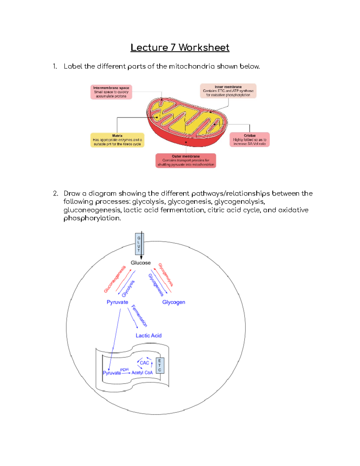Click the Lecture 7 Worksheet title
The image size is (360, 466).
pyautogui.click(x=180, y=47)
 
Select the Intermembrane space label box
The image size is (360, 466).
pyautogui.click(x=111, y=92)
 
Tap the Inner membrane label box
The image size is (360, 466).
pyautogui.click(x=228, y=91)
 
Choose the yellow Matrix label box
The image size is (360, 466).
pyautogui.click(x=117, y=140)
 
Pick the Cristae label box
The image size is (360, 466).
pyautogui.click(x=250, y=140)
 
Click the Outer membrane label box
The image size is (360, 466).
pyautogui.click(x=186, y=161)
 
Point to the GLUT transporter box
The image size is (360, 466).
pyautogui.click(x=139, y=244)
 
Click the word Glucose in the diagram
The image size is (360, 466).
pyautogui.click(x=140, y=263)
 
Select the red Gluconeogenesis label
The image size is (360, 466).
pyautogui.click(x=114, y=279)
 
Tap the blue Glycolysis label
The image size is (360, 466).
pyautogui.click(x=128, y=288)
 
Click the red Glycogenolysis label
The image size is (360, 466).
pyautogui.click(x=166, y=275)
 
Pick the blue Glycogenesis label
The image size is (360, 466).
pyautogui.click(x=156, y=285)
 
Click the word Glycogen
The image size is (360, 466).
pyautogui.click(x=173, y=302)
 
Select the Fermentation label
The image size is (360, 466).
pyautogui.click(x=139, y=316)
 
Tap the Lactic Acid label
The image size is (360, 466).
pyautogui.click(x=148, y=335)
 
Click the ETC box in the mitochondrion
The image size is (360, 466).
pyautogui.click(x=160, y=365)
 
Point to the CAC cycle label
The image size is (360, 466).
pyautogui.click(x=144, y=363)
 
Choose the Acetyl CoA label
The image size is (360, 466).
pyautogui.click(x=142, y=373)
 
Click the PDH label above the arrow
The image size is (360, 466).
pyautogui.click(x=124, y=370)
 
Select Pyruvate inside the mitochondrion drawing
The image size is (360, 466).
pyautogui.click(x=112, y=373)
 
